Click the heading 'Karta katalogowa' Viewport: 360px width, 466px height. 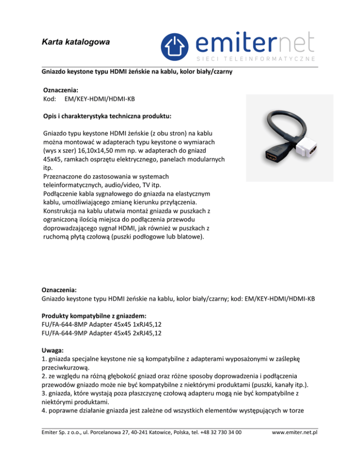pyautogui.click(x=75, y=42)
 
